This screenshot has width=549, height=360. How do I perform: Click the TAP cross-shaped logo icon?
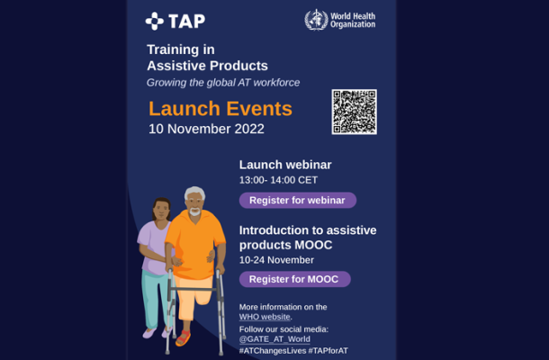pos(155,21)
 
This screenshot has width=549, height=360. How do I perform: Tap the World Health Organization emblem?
pos(316,20)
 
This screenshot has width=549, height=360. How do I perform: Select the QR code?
pos(355,112)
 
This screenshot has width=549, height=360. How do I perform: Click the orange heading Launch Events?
pos(220,108)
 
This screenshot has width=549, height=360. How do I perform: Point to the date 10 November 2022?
pos(206,129)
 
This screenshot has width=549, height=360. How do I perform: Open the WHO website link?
pos(265,317)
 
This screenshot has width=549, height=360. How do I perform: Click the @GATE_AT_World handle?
pos(274,339)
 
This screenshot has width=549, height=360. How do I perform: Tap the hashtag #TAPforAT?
pos(328,350)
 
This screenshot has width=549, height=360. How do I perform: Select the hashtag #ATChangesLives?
pos(273,350)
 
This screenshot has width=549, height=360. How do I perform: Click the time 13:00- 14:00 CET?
pos(278,180)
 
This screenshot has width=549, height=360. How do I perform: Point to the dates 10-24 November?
pos(276,260)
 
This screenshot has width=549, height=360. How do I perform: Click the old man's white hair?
pos(194,193)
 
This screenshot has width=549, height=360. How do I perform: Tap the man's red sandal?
pos(184,337)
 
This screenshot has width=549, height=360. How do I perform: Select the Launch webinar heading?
pos(285,165)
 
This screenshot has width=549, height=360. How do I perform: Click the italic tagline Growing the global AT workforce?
pos(223,83)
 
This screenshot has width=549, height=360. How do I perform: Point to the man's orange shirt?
pos(195,244)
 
